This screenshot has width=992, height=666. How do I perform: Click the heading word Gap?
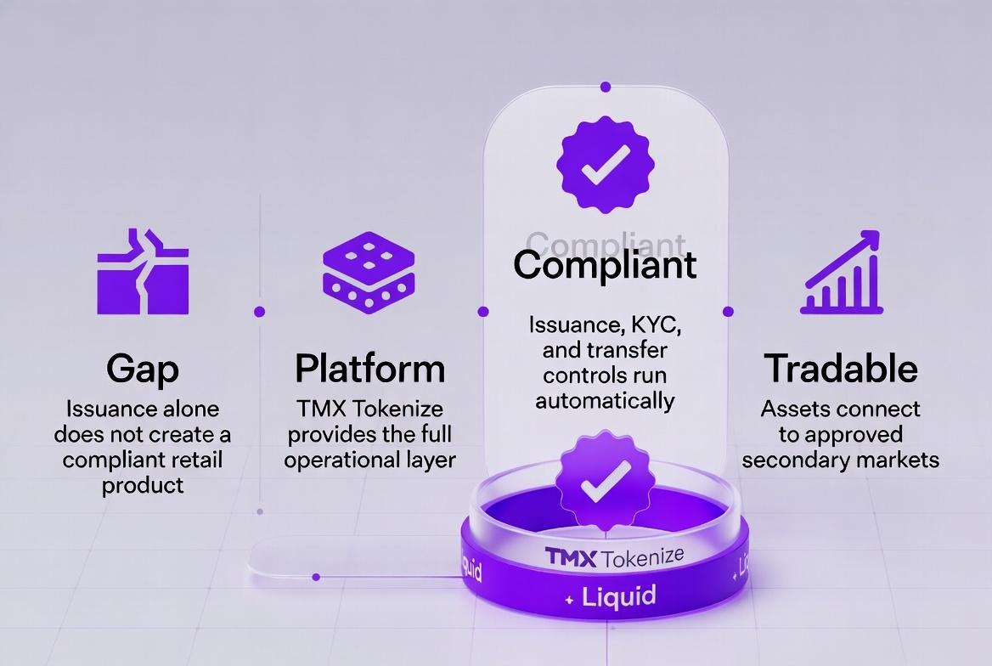point(143,370)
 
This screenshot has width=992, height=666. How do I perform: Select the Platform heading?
point(369,369)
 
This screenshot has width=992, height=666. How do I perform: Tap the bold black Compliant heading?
point(605,264)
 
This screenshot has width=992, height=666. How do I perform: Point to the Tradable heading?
point(841,369)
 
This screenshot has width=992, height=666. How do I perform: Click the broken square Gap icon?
point(143,271)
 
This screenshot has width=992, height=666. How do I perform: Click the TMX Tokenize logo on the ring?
point(614,558)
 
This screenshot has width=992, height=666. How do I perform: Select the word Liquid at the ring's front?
point(619,595)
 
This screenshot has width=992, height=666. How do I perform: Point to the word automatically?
point(605,400)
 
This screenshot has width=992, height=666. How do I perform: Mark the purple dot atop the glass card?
point(605,87)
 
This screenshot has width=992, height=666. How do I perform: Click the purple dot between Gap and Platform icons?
point(259,312)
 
